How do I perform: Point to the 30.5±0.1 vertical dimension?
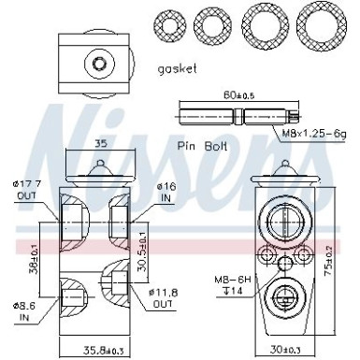tap(141, 239)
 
